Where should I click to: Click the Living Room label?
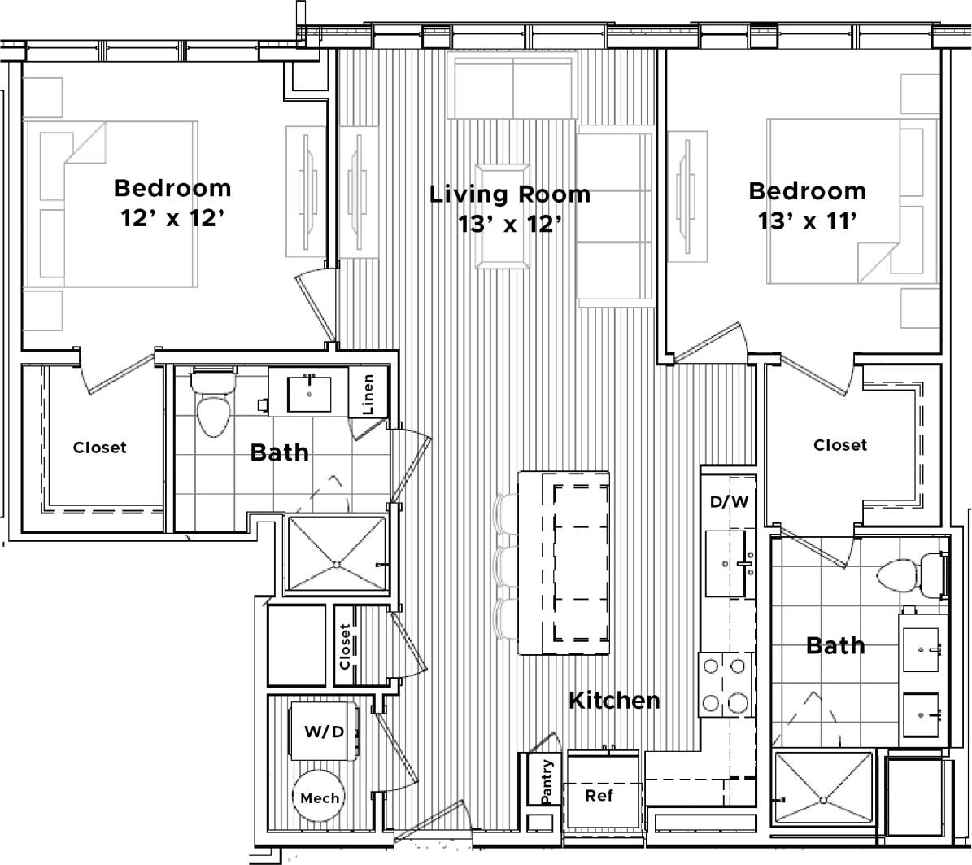[x=510, y=194]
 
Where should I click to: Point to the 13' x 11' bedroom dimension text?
[x=807, y=221]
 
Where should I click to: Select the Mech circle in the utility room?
[x=320, y=797]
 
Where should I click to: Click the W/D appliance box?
[x=324, y=732]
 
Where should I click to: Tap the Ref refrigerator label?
[x=599, y=795]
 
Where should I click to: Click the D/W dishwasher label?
[x=729, y=502]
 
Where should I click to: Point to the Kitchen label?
[x=614, y=700]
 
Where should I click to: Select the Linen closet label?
[x=368, y=394]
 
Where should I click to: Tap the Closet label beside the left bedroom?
[x=100, y=448]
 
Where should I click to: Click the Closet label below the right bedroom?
[x=840, y=445]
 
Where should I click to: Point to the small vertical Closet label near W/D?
[x=345, y=646]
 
